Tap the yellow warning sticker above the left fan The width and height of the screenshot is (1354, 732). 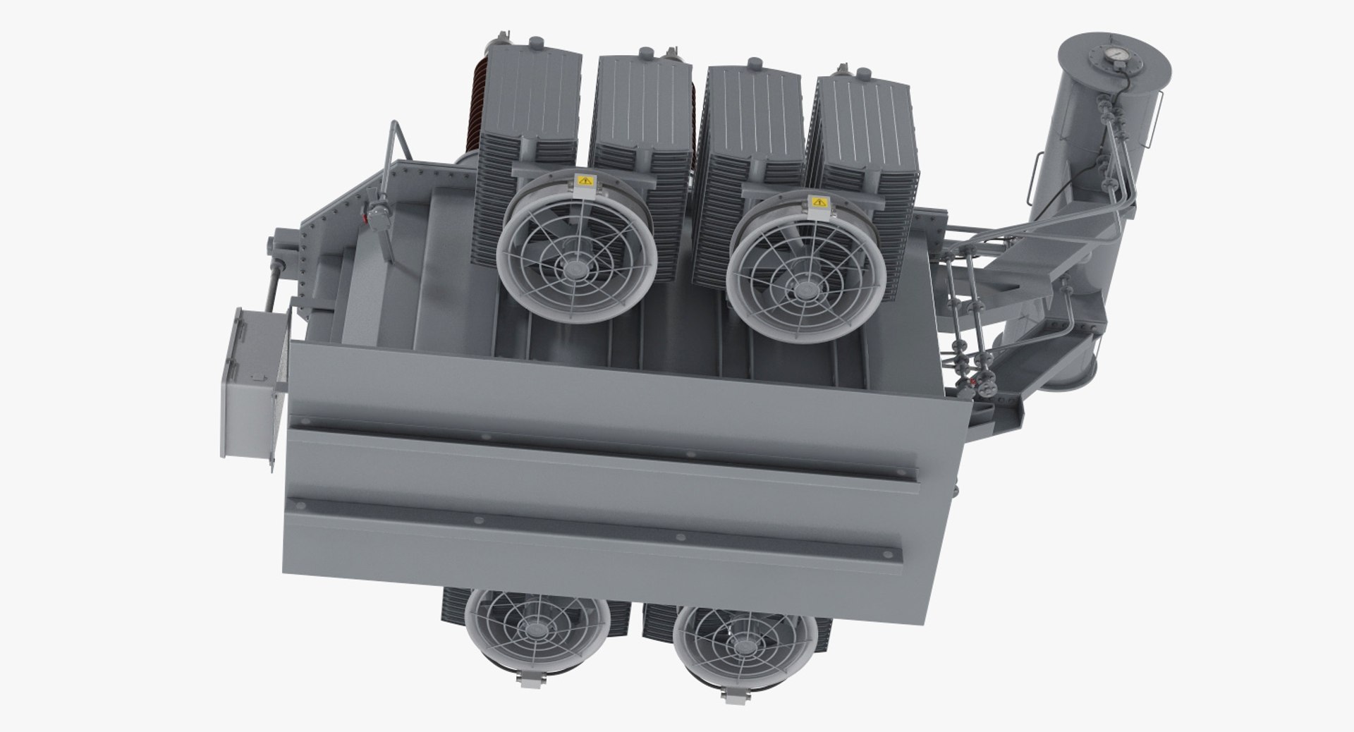pyautogui.click(x=585, y=181)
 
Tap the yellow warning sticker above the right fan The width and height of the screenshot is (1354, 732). pyautogui.click(x=818, y=202)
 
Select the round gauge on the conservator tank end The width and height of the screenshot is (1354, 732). pyautogui.click(x=1114, y=55)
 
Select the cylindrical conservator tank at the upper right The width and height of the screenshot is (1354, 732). pyautogui.click(x=1100, y=127)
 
